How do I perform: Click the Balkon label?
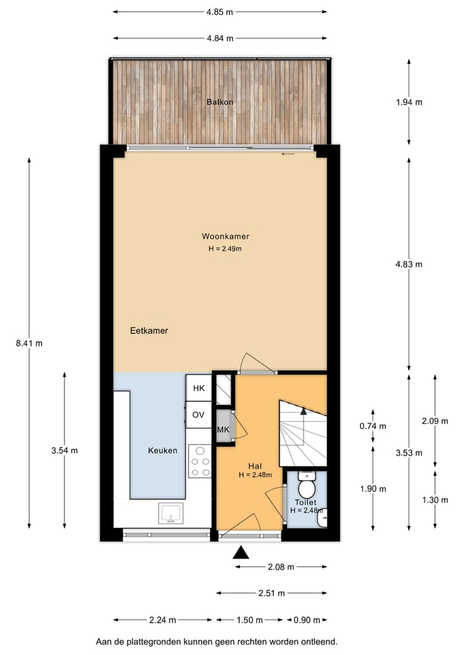pyautogui.click(x=220, y=102)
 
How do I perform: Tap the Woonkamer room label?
pyautogui.click(x=225, y=236)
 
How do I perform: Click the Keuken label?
pyautogui.click(x=162, y=450)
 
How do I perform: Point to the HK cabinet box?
pyautogui.click(x=198, y=388)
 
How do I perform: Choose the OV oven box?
pyautogui.click(x=198, y=415)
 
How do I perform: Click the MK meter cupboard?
pyautogui.click(x=224, y=430)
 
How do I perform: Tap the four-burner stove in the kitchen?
pyautogui.click(x=200, y=461)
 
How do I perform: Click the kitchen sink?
pyautogui.click(x=171, y=513)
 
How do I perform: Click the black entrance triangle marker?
pyautogui.click(x=241, y=552)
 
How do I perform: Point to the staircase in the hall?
pyautogui.click(x=302, y=433)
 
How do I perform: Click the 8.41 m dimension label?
pyautogui.click(x=30, y=343)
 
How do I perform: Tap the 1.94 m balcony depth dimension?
pyautogui.click(x=409, y=102)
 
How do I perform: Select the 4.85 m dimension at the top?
pyautogui.click(x=220, y=12)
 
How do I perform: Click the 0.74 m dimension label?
pyautogui.click(x=373, y=426)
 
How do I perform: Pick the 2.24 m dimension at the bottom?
pyautogui.click(x=162, y=620)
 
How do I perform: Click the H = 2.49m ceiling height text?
pyautogui.click(x=225, y=249)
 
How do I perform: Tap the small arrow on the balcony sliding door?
pyautogui.click(x=288, y=154)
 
